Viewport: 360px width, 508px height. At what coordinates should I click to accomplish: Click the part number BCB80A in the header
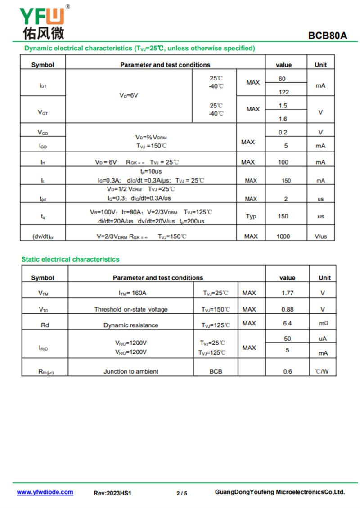(x=328, y=36)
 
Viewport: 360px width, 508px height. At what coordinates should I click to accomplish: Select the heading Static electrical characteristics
(x=70, y=259)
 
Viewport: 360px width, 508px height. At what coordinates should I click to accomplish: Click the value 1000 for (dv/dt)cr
(x=283, y=236)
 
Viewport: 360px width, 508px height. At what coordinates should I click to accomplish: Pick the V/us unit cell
(x=320, y=236)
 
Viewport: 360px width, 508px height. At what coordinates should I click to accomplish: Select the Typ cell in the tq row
(x=251, y=217)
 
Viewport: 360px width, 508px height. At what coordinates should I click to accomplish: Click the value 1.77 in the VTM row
(x=287, y=293)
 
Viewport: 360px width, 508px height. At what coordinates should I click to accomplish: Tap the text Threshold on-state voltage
(x=130, y=309)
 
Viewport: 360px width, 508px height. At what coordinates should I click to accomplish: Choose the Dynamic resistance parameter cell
(x=130, y=325)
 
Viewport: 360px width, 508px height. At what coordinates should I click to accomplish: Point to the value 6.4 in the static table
(x=287, y=324)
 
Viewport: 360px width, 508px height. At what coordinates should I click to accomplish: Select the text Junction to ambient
(x=131, y=371)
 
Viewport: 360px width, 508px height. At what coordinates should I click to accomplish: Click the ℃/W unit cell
(x=322, y=371)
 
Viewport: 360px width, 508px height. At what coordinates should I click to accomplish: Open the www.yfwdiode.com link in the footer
(x=45, y=492)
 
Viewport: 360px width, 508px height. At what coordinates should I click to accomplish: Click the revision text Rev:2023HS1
(x=112, y=493)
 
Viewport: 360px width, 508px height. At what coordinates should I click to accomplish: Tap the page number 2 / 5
(x=182, y=493)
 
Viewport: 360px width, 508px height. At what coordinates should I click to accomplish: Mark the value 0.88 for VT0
(x=287, y=309)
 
